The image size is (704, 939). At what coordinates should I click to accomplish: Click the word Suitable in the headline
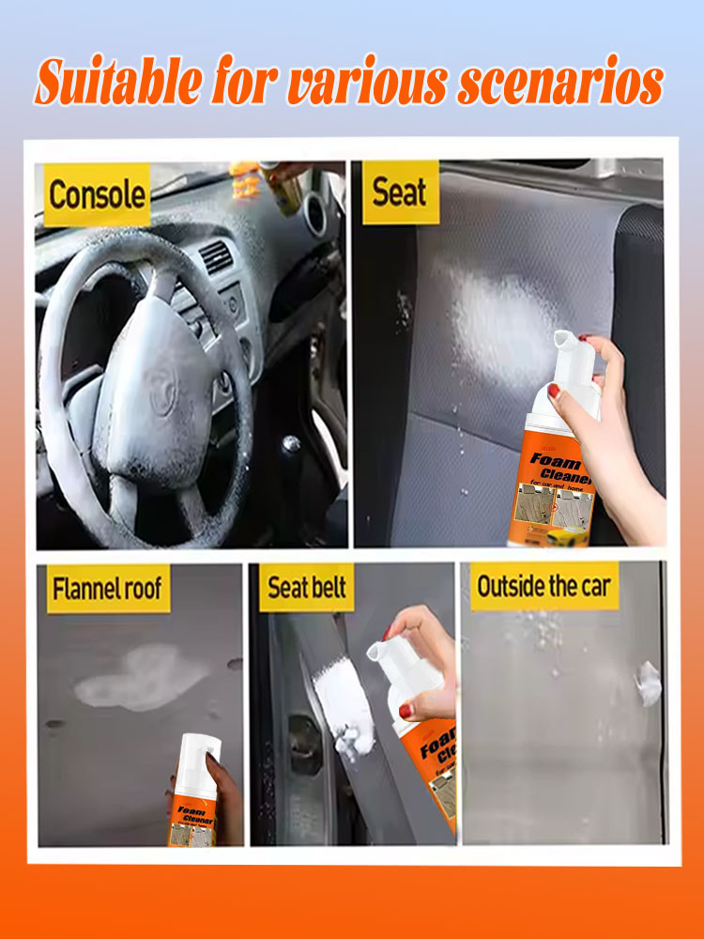[x=118, y=85]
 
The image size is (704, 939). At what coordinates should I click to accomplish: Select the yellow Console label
[x=97, y=195]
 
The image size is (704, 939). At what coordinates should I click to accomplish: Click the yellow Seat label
[x=401, y=192]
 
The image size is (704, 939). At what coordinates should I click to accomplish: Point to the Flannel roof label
[x=108, y=590]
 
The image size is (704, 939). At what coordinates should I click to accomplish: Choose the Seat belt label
[x=307, y=588]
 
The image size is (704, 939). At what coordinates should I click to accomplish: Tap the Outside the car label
[x=543, y=587]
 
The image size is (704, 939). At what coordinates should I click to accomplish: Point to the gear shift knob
[x=292, y=445]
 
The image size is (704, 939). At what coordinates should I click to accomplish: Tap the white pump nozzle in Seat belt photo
[x=385, y=654]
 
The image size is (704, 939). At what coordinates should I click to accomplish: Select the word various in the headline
[x=360, y=85]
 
